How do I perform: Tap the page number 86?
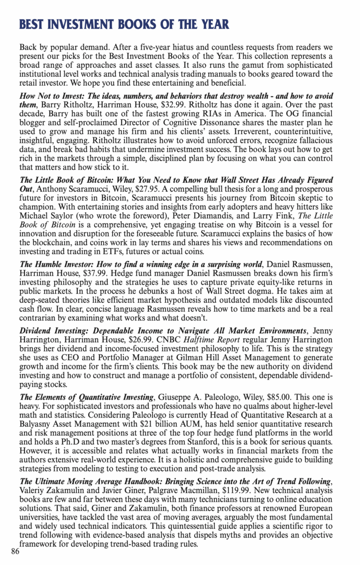coord(15,552)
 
